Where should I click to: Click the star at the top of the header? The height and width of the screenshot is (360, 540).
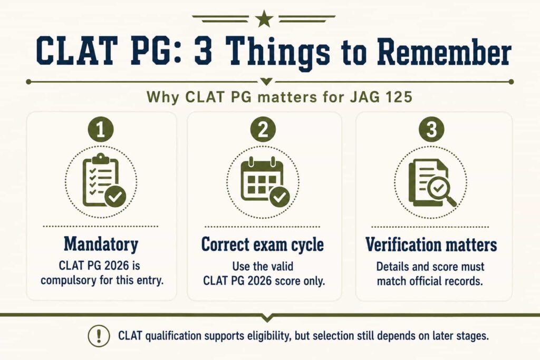coord(264,18)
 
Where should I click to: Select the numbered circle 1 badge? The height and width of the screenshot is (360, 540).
coord(100,130)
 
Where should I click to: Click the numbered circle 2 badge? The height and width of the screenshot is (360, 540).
coord(263,130)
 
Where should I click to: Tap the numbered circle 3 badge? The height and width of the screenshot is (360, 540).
coord(431,130)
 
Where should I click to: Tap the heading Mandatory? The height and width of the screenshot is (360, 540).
coord(101,245)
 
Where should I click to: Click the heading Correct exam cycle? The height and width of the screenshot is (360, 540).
coord(263,245)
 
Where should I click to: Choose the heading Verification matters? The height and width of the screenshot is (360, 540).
coord(431,245)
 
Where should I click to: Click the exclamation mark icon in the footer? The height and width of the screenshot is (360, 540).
coord(99,336)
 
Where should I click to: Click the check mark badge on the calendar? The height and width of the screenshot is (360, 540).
coord(279,197)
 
